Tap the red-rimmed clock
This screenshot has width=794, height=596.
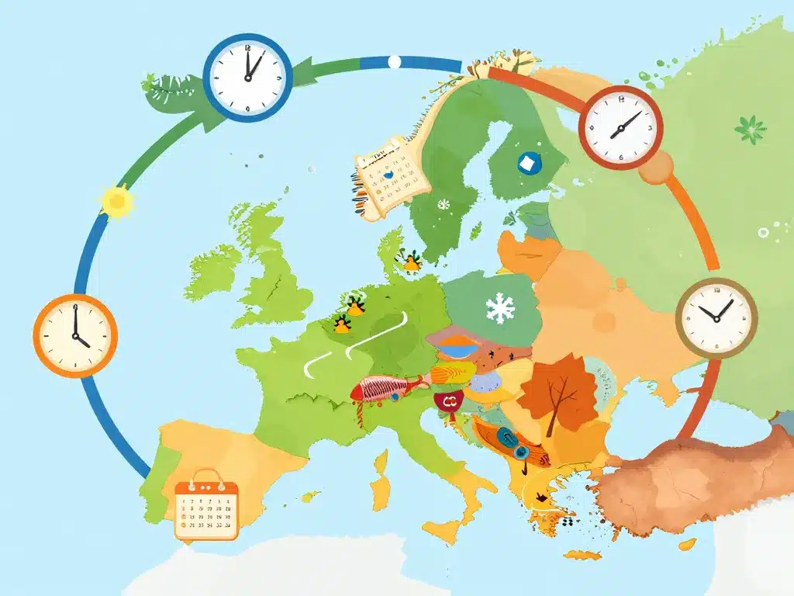[x=620, y=126]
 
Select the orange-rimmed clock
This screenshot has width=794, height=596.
[x=75, y=335]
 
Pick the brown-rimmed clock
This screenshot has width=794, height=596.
[x=716, y=318]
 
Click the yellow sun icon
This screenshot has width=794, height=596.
[x=118, y=202]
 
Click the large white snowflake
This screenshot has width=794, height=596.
[x=500, y=308]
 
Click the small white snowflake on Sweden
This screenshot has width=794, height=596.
[x=444, y=205]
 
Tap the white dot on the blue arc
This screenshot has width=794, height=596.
[x=394, y=61]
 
